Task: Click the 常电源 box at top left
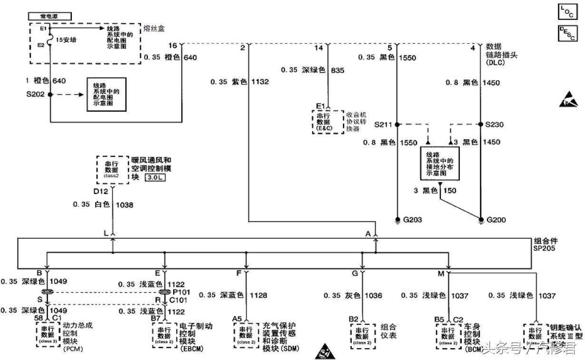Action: click(x=50, y=16)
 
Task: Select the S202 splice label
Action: click(x=35, y=94)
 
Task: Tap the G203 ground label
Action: click(x=412, y=220)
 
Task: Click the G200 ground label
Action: click(x=496, y=220)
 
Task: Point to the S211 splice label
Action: click(x=382, y=125)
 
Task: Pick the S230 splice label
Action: click(x=494, y=125)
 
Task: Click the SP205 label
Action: click(x=544, y=248)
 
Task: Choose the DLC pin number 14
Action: click(x=318, y=48)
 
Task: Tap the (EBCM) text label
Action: click(x=190, y=349)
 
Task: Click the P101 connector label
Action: click(x=182, y=292)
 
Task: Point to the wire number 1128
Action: click(x=258, y=295)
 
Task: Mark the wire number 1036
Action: click(x=373, y=295)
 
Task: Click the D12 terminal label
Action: click(x=101, y=191)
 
